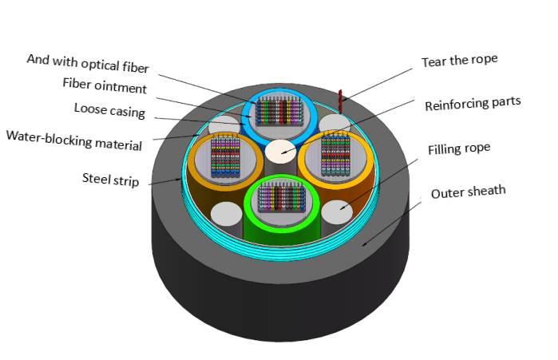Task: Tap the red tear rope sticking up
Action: [x=339, y=99]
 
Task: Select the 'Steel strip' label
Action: [x=110, y=180]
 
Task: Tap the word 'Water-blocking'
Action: [x=50, y=136]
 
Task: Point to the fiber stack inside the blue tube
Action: [x=280, y=111]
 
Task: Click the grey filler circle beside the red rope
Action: [x=334, y=122]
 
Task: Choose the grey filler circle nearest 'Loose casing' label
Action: [x=224, y=126]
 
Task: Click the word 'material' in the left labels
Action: [x=118, y=145]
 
